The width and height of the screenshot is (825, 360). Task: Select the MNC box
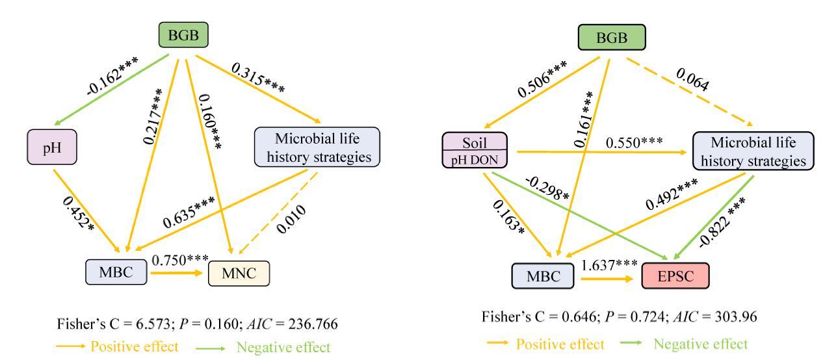[238, 274]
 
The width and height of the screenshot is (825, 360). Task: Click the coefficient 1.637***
[610, 264]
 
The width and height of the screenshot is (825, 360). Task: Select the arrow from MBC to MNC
[177, 274]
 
